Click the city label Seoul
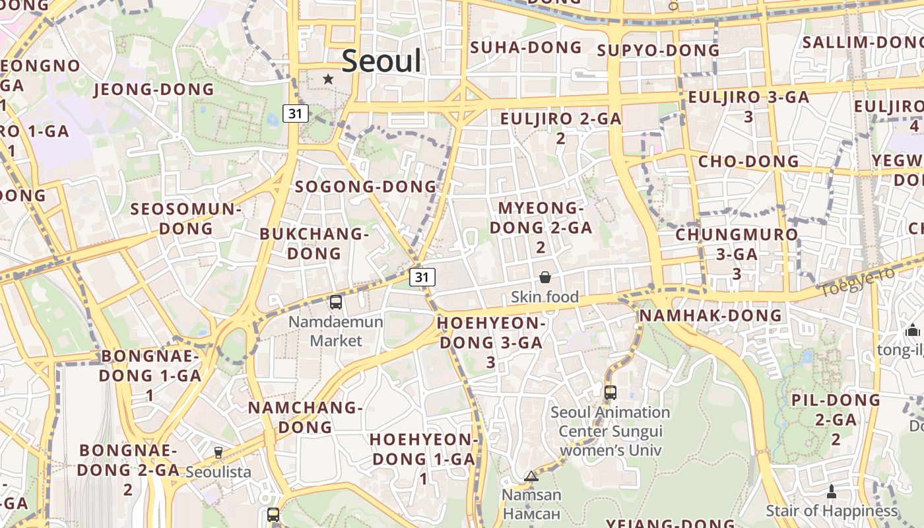381,61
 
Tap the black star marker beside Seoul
328,79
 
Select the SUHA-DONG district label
526,48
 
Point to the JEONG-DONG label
154,89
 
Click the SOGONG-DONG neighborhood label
366,187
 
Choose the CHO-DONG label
748,161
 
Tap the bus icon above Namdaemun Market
336,302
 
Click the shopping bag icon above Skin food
545,277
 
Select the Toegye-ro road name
857,280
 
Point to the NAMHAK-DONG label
710,315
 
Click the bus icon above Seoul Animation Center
610,393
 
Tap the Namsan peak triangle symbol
531,476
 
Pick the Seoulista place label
218,472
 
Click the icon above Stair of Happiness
832,492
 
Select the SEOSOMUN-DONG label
186,219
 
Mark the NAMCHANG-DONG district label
305,417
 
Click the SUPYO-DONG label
658,51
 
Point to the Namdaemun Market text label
336,331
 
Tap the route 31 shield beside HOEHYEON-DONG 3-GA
422,277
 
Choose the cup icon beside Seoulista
218,453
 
